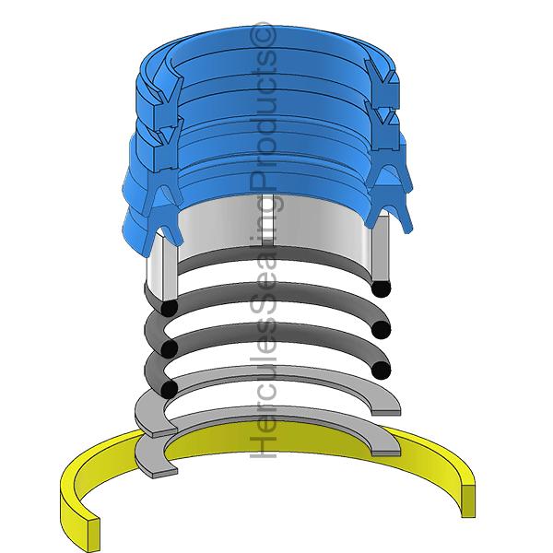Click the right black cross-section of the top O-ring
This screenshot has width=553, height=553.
(378, 288)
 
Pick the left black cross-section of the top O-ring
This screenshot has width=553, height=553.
(170, 307)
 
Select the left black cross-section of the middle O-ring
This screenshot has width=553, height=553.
(169, 348)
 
